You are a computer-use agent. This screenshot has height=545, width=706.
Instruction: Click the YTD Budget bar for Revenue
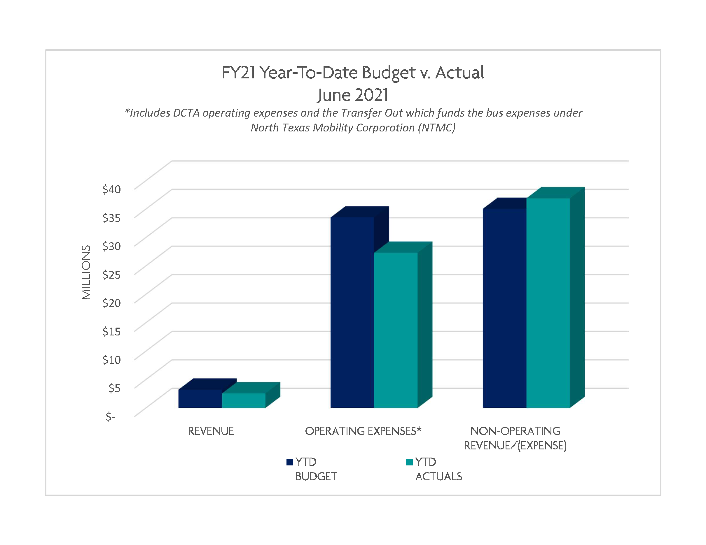click(200, 399)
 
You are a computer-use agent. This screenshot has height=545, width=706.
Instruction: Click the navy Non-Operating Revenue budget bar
click(504, 308)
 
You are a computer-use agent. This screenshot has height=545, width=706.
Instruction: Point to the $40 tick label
click(111, 189)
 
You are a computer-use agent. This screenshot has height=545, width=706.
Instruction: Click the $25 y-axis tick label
click(111, 275)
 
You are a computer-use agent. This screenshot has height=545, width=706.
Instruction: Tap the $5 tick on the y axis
click(114, 388)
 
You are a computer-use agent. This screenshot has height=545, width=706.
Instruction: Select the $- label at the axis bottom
click(111, 417)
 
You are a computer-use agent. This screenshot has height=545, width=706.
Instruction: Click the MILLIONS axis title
click(86, 272)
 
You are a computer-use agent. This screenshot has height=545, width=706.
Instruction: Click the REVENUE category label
click(211, 431)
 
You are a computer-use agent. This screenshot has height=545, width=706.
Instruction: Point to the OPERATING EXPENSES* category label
click(363, 431)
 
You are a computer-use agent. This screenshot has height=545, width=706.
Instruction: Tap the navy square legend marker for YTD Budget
click(290, 462)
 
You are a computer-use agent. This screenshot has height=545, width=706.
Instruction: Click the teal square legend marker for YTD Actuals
click(409, 462)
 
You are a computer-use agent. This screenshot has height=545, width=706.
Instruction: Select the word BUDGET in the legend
click(316, 477)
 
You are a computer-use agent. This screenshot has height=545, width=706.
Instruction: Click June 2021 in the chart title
click(353, 95)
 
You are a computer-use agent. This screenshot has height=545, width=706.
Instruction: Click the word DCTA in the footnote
click(186, 113)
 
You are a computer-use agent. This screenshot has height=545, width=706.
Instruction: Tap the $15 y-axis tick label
click(111, 332)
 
